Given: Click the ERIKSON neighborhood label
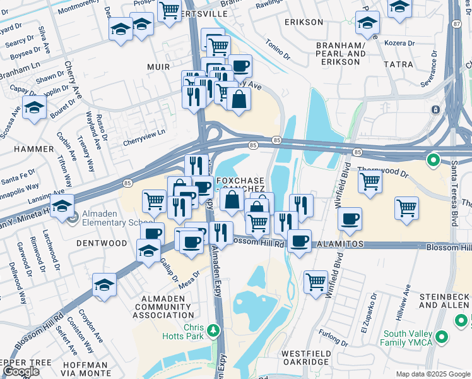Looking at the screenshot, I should click(304, 22).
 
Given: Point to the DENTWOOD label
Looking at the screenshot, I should click(102, 243).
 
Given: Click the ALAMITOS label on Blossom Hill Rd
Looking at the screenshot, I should click(341, 243).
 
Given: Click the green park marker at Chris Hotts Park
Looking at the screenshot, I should click(214, 329).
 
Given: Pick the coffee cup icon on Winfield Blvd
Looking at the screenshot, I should click(350, 219).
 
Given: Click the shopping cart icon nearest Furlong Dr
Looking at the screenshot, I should click(316, 281).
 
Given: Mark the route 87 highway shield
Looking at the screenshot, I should click(456, 23).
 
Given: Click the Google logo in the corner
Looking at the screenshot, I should click(21, 371).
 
